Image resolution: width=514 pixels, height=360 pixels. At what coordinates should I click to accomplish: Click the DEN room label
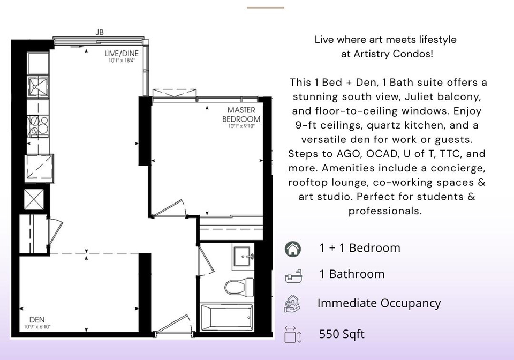[x=37, y=319]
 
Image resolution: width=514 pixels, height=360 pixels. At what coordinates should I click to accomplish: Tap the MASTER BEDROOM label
[x=241, y=115]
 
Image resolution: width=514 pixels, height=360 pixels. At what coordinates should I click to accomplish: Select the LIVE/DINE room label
[x=122, y=53]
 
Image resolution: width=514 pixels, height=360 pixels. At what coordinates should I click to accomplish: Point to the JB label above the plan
[x=100, y=32]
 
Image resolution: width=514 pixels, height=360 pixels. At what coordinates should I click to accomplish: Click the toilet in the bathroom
[x=239, y=287]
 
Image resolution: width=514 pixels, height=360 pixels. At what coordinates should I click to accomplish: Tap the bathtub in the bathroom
[x=226, y=317]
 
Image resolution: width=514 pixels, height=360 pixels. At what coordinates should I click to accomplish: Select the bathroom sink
[x=243, y=257]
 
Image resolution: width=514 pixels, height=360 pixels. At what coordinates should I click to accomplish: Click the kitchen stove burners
[x=38, y=126]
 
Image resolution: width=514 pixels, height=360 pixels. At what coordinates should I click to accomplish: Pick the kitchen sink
[x=38, y=87]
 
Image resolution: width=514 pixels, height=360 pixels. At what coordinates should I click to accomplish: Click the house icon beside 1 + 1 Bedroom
[x=293, y=249]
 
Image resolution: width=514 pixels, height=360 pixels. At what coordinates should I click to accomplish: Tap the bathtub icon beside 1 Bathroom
[x=293, y=276]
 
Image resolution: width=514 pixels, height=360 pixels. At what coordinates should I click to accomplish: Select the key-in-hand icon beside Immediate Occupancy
[x=292, y=304]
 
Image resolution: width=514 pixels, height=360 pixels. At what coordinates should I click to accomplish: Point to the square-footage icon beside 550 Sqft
[x=293, y=334]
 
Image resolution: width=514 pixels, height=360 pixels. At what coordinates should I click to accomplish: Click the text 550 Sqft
[x=342, y=334]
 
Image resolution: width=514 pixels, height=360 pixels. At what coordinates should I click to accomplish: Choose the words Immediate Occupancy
[x=379, y=303]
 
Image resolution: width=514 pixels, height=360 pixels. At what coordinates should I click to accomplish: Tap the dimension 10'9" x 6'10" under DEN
[x=37, y=327]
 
